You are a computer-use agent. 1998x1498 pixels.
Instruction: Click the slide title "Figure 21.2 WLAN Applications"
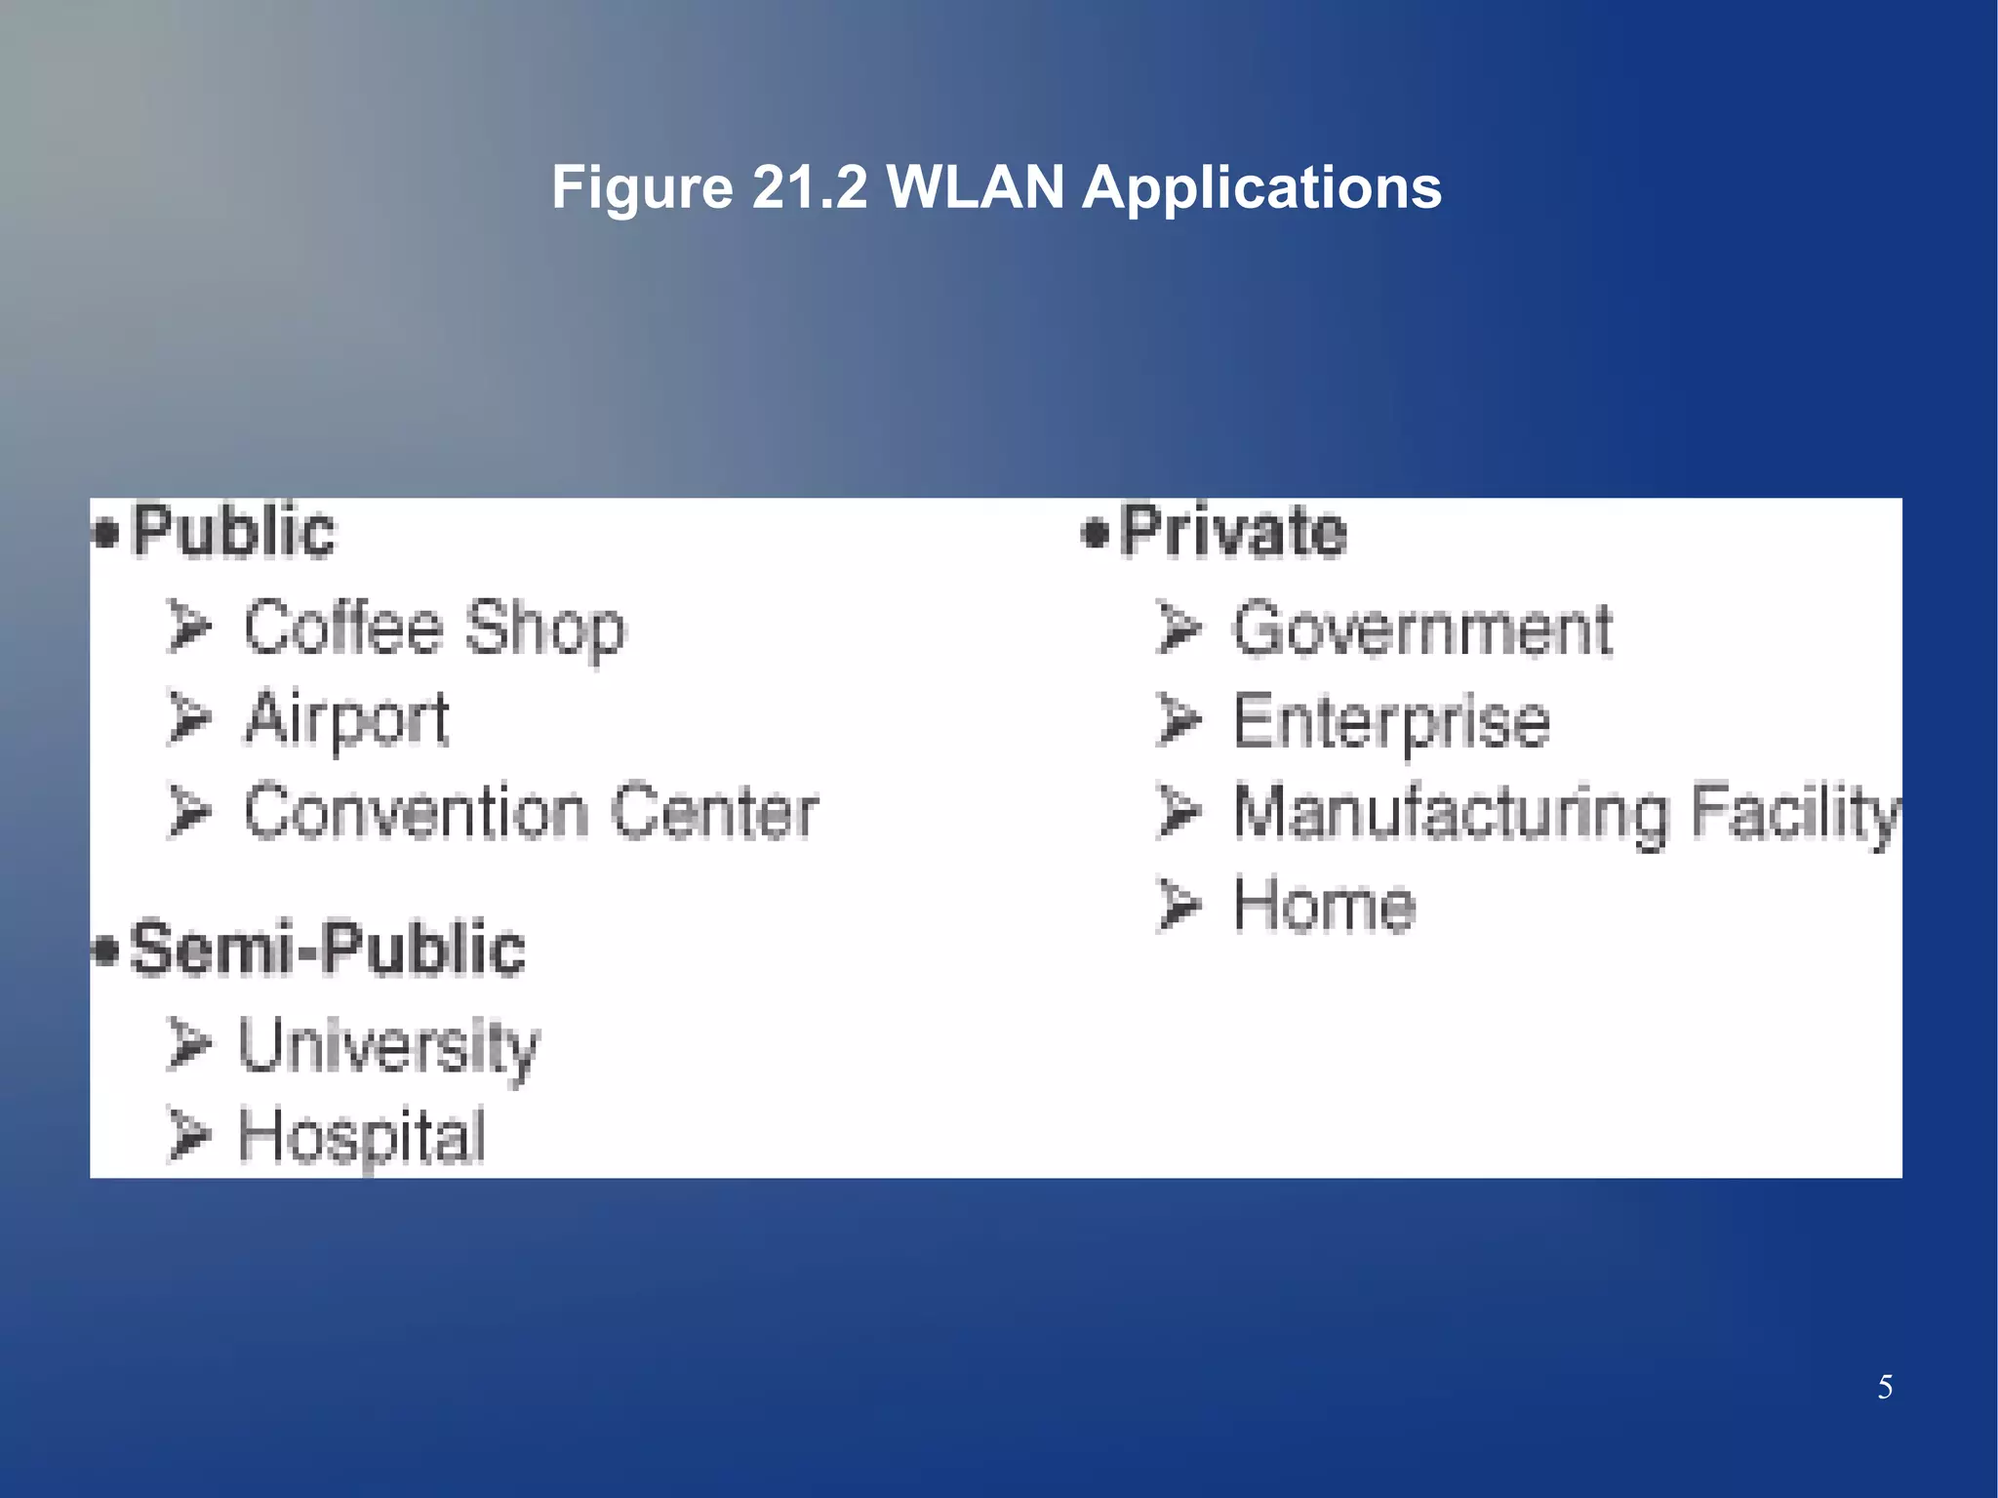(x=996, y=186)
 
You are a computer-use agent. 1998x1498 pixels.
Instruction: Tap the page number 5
(x=1885, y=1387)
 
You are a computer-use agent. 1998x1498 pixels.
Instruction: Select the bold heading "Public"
(x=233, y=532)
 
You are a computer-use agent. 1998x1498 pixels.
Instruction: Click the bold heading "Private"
(x=1233, y=532)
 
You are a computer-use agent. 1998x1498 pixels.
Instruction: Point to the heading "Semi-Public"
(x=328, y=949)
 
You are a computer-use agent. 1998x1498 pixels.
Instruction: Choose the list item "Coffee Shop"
(x=434, y=628)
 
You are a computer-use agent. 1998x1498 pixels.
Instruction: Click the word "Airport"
(x=346, y=719)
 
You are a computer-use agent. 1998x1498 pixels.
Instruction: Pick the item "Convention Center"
(x=531, y=812)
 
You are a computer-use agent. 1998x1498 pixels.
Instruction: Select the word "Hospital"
(x=362, y=1136)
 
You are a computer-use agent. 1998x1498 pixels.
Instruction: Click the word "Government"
(x=1422, y=629)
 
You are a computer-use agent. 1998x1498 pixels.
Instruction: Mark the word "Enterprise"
(x=1391, y=722)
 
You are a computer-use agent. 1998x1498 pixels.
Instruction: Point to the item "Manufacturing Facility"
(x=1567, y=813)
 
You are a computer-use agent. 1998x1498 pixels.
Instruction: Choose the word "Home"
(x=1324, y=905)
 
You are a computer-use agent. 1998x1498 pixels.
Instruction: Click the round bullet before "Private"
(x=1096, y=534)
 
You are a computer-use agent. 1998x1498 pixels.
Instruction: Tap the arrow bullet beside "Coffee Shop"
(x=189, y=627)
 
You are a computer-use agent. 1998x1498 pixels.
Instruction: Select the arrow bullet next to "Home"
(x=1179, y=904)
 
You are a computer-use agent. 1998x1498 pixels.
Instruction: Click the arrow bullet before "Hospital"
(x=188, y=1134)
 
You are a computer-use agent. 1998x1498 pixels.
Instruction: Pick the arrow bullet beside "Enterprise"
(x=1179, y=720)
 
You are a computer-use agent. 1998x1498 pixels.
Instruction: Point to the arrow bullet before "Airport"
(x=189, y=718)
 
